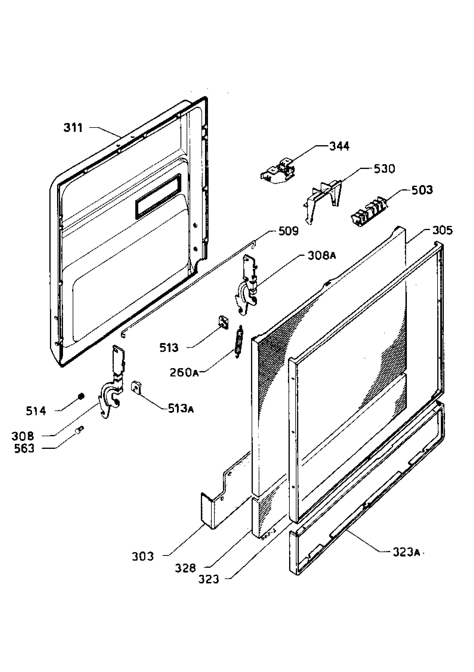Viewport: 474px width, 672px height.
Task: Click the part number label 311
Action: point(73,128)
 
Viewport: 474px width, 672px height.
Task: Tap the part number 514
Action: point(36,411)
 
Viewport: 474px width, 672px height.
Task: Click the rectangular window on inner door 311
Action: point(158,197)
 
